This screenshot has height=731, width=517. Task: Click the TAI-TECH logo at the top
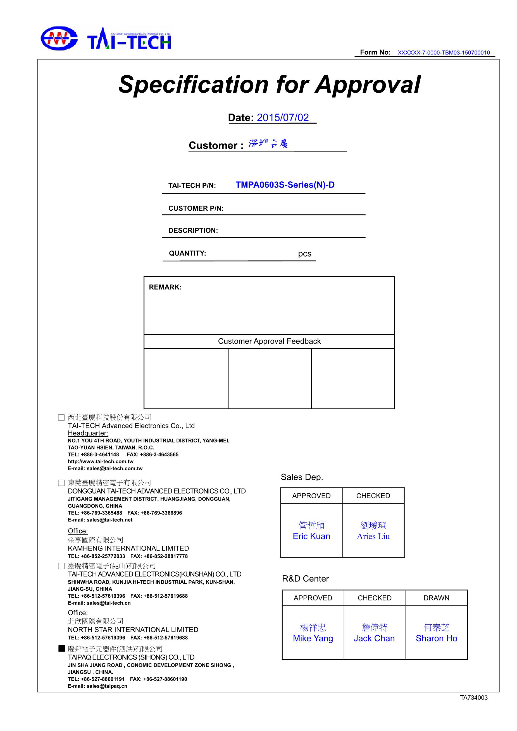click(x=106, y=39)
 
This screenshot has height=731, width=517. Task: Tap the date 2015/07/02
click(x=283, y=118)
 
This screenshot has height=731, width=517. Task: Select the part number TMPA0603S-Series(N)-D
click(x=285, y=185)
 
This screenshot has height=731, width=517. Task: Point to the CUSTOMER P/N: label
click(x=196, y=208)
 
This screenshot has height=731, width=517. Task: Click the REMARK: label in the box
click(x=165, y=287)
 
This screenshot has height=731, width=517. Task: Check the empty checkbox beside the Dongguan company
click(x=61, y=483)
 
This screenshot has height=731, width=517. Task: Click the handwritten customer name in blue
click(x=268, y=144)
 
